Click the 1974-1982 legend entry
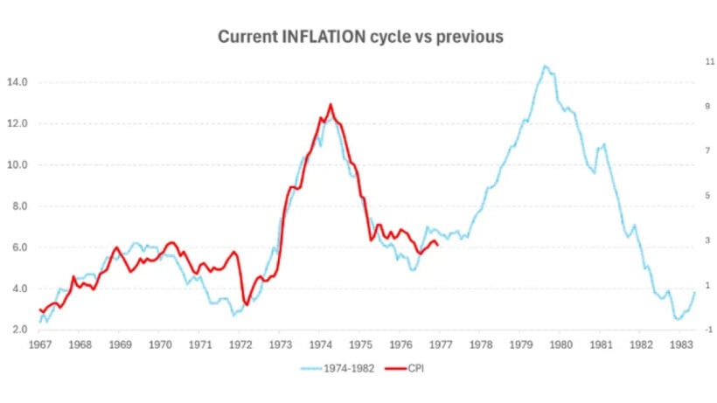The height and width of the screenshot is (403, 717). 349,368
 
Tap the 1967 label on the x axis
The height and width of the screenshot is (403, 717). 40,344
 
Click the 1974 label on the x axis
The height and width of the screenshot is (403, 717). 319,344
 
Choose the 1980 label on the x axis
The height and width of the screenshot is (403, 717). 560,344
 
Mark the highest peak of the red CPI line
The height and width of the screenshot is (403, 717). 331,105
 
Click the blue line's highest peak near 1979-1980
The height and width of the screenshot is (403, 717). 546,66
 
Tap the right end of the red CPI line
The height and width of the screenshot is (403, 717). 437,246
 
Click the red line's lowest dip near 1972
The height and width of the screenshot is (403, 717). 247,305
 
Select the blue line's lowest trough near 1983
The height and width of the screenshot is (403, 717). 678,319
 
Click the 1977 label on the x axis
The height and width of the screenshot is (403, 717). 440,344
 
